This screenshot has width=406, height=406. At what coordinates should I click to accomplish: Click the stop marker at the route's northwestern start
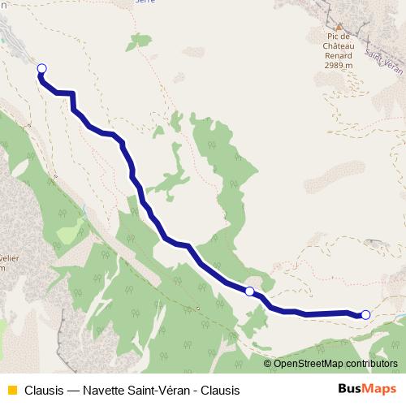(x=41, y=69)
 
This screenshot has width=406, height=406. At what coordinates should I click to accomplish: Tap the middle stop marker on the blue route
(x=249, y=291)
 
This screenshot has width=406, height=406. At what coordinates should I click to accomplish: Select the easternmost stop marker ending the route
(x=365, y=315)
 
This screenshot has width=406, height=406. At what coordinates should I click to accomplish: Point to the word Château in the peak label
(x=339, y=46)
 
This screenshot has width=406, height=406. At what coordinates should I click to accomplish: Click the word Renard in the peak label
(x=339, y=55)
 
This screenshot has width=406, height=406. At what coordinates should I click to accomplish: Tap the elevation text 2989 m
(x=339, y=65)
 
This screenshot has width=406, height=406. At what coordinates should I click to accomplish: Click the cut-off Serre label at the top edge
(x=145, y=2)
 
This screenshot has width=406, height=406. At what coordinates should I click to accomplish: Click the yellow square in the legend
(x=11, y=389)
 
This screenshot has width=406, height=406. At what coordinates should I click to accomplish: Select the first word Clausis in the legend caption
(x=44, y=389)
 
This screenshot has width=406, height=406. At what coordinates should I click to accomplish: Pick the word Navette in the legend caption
(x=102, y=389)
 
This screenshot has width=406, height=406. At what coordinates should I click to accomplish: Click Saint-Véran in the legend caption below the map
(x=162, y=389)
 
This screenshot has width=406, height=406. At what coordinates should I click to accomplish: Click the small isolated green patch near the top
(x=176, y=119)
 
